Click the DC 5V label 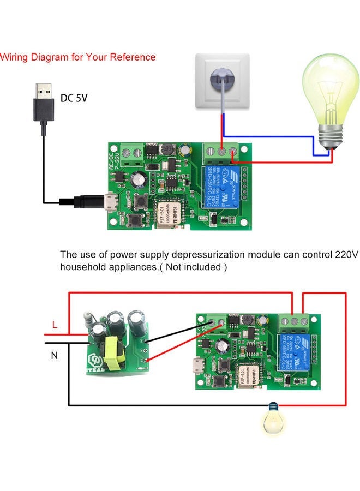(74, 98)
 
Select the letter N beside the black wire (54, 355)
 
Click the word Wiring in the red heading (15, 57)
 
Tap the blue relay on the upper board (223, 185)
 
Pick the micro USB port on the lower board (197, 365)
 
